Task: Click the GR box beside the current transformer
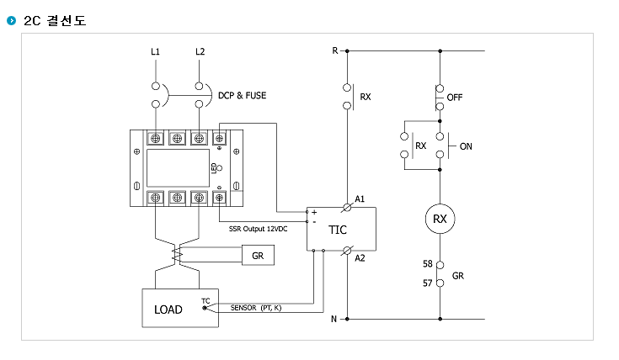pos(258,256)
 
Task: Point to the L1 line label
pos(155,51)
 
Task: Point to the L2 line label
pos(200,51)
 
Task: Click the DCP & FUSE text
pos(242,95)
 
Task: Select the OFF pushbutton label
pos(455,98)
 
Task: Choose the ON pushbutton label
pos(466,146)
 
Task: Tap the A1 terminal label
pos(360,199)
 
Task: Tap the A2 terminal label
pos(360,258)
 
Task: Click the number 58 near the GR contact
pos(428,263)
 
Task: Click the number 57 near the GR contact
pos(428,283)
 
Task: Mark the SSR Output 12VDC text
pos(259,229)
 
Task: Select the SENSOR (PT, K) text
pos(256,308)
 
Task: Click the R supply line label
pos(335,50)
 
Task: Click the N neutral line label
pos(334,319)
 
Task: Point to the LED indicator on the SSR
pos(220,168)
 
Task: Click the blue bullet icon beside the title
pos(12,20)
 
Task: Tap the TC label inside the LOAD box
pos(205,301)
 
